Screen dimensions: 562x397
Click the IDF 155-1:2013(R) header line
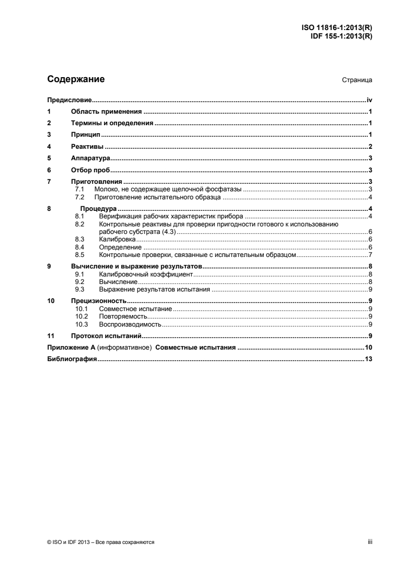point(340,36)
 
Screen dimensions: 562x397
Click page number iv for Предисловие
point(369,101)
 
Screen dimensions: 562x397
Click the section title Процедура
point(99,208)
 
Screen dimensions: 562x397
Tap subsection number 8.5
point(79,255)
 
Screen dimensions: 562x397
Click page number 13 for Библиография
point(368,359)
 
